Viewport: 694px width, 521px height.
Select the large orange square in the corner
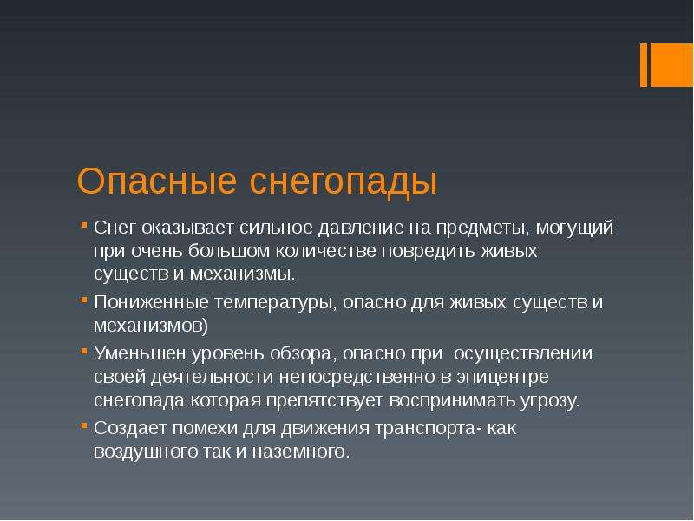point(671,65)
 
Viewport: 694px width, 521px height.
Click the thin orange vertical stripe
point(644,65)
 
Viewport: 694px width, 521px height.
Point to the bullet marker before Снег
point(84,226)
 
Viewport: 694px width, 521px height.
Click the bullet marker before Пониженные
point(84,300)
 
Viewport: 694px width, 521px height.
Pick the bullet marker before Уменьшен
point(84,352)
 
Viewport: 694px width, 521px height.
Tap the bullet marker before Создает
point(84,425)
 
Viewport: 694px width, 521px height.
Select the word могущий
point(574,228)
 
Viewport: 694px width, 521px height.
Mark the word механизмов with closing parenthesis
point(151,326)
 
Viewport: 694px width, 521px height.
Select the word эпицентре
point(503,378)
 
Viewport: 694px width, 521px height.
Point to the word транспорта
point(425,429)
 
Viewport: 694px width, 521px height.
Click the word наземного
point(301,452)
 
